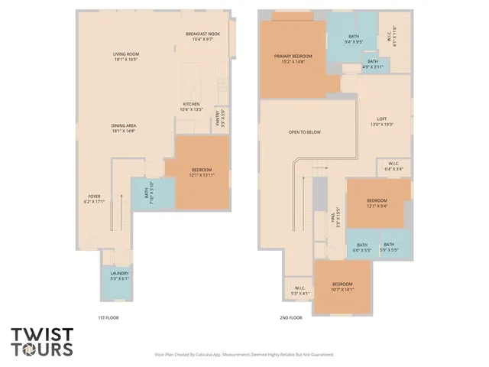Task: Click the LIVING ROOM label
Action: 126,54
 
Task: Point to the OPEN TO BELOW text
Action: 304,132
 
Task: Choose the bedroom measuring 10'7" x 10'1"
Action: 342,286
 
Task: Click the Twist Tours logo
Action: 42,342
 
